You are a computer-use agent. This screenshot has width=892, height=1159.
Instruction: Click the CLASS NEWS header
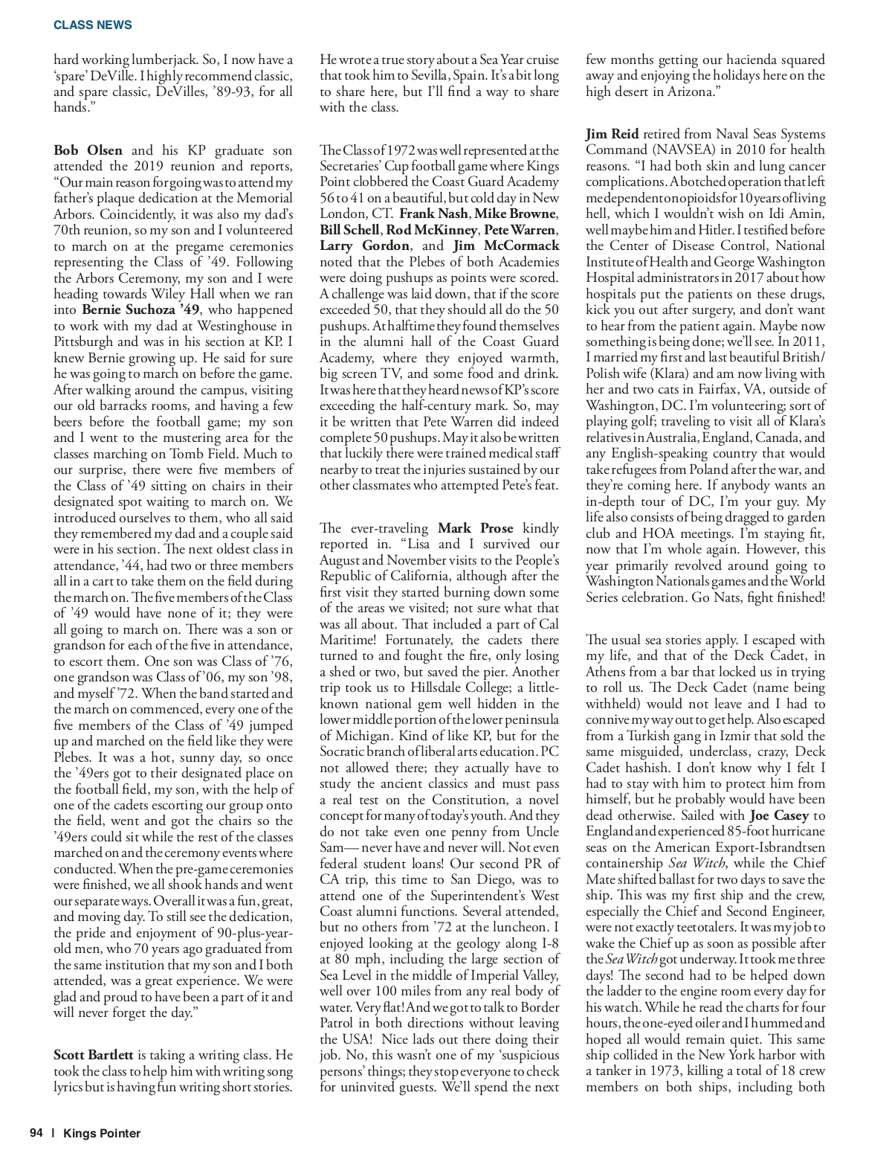(92, 25)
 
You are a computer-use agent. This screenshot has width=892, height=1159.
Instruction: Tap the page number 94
(36, 1133)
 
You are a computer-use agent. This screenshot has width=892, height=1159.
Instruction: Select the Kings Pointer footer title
(102, 1133)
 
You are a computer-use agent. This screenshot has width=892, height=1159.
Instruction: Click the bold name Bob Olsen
(88, 150)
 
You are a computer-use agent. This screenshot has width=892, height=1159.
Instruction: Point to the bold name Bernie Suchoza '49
(140, 309)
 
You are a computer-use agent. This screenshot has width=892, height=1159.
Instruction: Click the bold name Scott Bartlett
(94, 1055)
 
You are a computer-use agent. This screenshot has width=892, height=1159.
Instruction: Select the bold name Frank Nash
(433, 213)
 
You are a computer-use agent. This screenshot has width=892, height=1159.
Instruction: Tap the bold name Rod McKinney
(431, 230)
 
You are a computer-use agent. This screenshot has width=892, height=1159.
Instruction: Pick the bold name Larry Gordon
(364, 245)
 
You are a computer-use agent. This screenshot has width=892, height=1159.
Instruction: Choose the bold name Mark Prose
(476, 528)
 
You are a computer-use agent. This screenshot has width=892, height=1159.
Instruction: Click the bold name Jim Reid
(612, 134)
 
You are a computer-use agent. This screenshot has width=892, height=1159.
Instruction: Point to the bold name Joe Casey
(779, 815)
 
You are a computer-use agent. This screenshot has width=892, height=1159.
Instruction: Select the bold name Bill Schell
(349, 230)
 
